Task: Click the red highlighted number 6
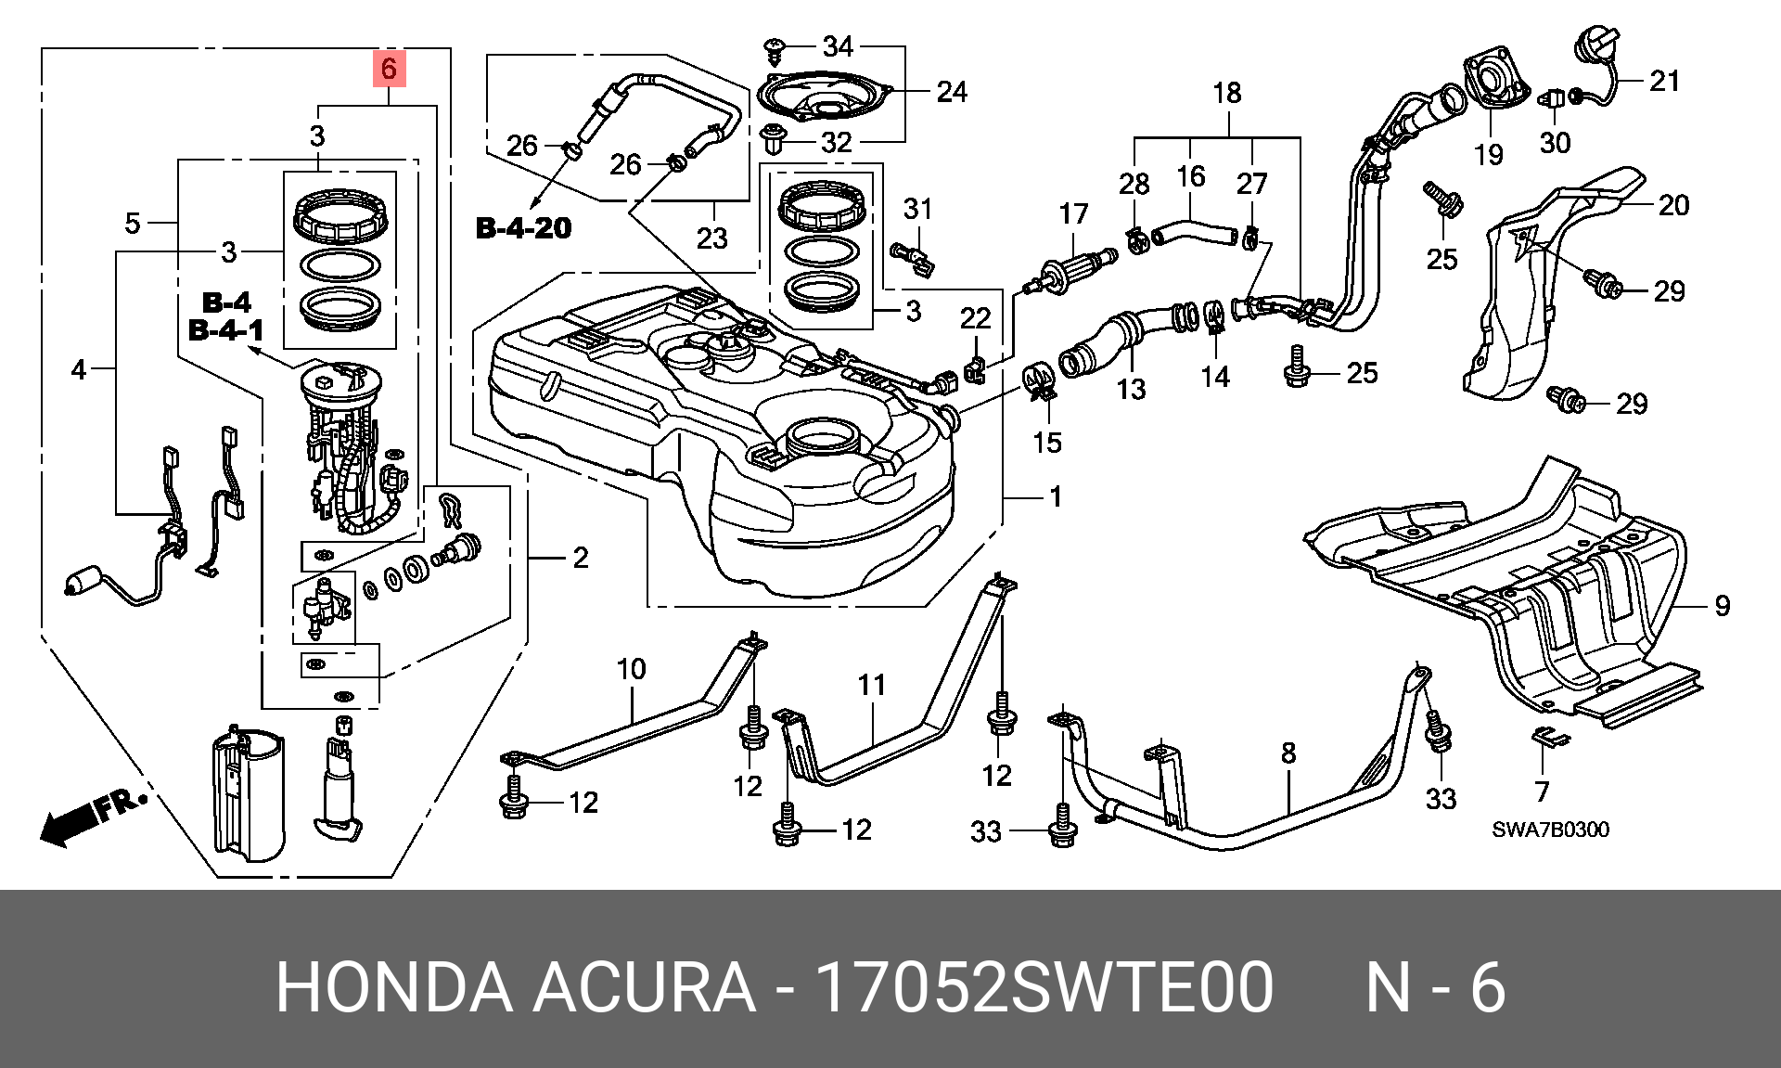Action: pos(389,68)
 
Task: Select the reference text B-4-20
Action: pos(524,227)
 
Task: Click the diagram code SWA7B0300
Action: pos(1550,829)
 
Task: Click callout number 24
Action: pos(951,92)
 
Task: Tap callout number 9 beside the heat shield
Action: pos(1722,606)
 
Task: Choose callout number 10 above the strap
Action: pos(631,668)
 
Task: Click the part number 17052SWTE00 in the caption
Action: pos(1043,989)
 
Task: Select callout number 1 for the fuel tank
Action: pos(1055,497)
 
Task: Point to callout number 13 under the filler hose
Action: pos(1131,388)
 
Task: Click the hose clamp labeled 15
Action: pos(1040,383)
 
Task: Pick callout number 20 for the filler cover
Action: pos(1672,204)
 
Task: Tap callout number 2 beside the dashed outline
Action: pos(580,558)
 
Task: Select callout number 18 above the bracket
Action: pos(1226,93)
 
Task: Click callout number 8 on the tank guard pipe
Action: pos(1288,753)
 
